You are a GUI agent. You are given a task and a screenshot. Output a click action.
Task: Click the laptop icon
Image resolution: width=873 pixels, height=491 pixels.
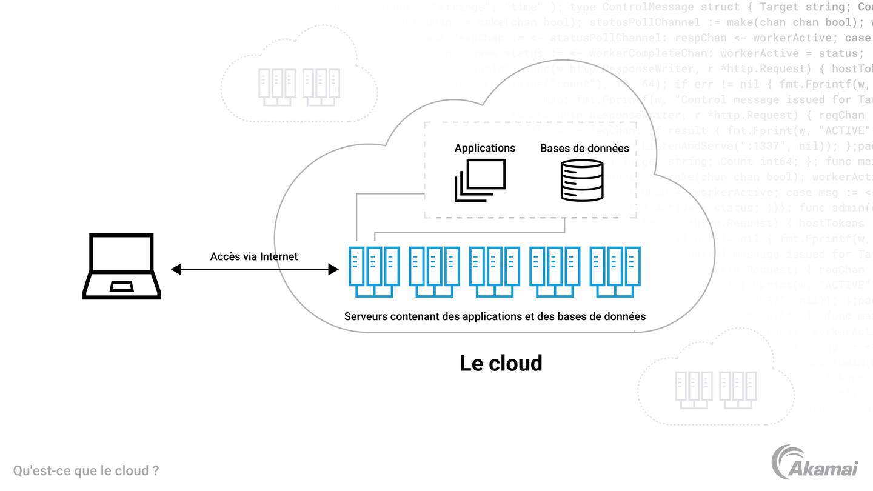pos(122,266)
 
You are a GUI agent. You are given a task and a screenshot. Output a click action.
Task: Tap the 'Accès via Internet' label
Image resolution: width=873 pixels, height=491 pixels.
pos(254,256)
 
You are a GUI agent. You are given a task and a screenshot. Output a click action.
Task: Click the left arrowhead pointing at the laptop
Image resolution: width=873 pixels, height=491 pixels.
pos(176,269)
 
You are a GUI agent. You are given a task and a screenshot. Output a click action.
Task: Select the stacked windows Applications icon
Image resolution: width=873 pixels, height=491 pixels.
pos(480,180)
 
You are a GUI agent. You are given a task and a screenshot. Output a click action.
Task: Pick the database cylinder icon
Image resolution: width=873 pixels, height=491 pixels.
pos(582,180)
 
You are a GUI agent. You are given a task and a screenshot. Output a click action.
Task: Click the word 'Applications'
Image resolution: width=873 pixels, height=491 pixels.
pos(484,148)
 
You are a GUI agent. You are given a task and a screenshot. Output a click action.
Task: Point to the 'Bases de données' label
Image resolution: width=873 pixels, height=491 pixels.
pos(584,148)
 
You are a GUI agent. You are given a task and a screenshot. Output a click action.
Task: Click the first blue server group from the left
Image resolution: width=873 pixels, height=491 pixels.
pos(374,272)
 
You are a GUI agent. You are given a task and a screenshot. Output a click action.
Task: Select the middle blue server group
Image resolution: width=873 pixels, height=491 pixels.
pos(495,272)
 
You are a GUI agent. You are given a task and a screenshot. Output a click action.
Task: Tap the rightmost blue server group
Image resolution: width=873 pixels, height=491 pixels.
pos(615,272)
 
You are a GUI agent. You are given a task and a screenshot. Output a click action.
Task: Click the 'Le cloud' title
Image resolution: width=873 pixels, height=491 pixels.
pos(501,363)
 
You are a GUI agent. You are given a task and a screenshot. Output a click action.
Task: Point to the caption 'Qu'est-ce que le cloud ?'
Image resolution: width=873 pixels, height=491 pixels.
pos(86,471)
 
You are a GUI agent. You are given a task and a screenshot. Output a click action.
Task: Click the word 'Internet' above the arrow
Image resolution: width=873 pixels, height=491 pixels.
pos(279,256)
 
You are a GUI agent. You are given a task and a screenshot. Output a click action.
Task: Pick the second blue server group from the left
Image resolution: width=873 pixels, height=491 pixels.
pos(434,272)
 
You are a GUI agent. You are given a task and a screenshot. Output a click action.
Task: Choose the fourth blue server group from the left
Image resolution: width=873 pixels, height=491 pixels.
pos(555,272)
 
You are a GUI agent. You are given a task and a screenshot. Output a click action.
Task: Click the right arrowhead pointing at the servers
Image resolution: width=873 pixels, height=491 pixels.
pos(333,269)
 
